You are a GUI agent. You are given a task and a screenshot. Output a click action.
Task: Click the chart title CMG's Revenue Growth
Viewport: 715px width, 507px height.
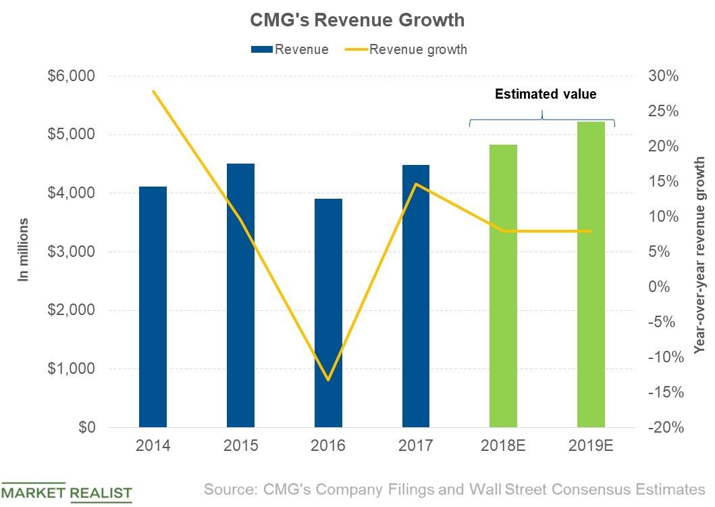[x=357, y=20]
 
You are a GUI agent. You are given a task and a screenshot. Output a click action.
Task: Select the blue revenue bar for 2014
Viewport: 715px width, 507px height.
[x=153, y=307]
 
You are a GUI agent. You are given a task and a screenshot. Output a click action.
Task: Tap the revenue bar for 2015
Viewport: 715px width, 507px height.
[x=240, y=295]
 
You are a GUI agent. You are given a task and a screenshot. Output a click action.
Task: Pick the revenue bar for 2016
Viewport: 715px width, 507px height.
[x=328, y=313]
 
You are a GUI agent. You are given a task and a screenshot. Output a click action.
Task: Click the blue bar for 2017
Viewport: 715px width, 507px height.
[x=416, y=296]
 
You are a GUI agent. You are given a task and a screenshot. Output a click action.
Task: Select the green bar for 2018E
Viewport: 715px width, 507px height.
[x=503, y=286]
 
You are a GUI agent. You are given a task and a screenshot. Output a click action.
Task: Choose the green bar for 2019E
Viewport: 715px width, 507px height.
[x=591, y=274]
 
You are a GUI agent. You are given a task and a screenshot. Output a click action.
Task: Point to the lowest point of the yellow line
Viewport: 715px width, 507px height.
[x=328, y=380]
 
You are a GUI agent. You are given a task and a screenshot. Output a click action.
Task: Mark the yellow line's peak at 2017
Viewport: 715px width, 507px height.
[x=416, y=184]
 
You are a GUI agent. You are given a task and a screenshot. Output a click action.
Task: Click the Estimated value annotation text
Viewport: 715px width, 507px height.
[x=546, y=94]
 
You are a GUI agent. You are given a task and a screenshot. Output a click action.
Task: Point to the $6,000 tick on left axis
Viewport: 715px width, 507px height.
[x=70, y=76]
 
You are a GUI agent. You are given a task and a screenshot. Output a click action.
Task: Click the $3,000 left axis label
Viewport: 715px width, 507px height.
[x=70, y=252]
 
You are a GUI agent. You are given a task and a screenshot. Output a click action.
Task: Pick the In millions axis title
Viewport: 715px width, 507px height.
[x=24, y=249]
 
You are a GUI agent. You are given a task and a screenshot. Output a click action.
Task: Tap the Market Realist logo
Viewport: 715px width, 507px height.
[x=66, y=492]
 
